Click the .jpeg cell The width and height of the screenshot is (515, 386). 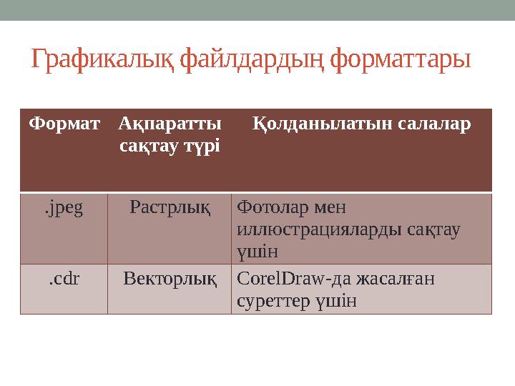(x=64, y=208)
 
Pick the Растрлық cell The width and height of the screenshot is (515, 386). (x=170, y=208)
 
